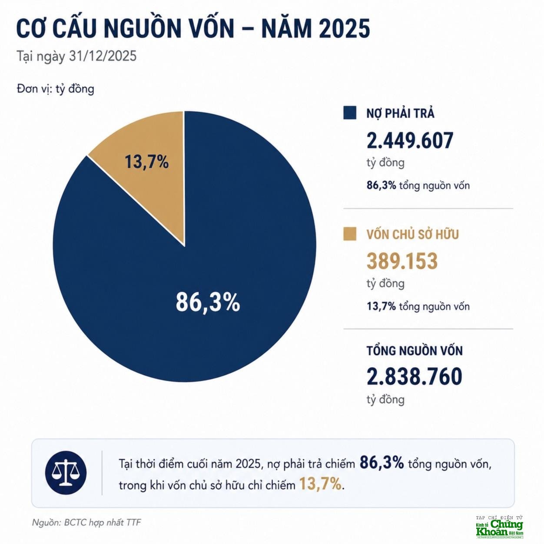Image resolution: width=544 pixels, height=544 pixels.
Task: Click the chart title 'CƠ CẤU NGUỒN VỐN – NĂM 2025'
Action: click(193, 28)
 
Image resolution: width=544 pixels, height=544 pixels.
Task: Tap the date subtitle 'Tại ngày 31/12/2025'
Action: click(76, 56)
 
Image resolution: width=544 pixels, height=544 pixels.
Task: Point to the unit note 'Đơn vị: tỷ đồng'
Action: click(55, 89)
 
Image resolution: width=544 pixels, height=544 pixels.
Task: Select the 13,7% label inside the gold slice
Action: click(146, 162)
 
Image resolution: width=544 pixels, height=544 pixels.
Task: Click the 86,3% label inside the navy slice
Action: click(208, 302)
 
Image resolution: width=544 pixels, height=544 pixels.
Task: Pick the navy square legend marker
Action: click(349, 113)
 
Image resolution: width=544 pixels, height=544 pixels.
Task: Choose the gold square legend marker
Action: click(349, 234)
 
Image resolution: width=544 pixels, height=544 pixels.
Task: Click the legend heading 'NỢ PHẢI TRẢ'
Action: click(400, 113)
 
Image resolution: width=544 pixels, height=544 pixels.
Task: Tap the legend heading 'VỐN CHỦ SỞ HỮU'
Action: click(413, 235)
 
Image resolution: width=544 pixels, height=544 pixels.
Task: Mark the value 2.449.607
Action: click(410, 140)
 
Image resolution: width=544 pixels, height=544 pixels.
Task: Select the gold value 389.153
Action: click(402, 261)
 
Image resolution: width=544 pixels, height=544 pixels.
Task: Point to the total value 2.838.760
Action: click(414, 376)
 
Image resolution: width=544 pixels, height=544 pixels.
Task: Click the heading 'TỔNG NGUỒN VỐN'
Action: click(415, 351)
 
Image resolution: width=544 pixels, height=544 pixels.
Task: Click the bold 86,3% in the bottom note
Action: click(382, 463)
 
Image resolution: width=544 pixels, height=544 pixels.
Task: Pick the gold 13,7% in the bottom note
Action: click(320, 484)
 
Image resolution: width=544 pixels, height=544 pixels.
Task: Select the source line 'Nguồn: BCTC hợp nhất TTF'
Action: click(86, 522)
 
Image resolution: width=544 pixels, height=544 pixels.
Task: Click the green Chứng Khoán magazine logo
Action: click(500, 528)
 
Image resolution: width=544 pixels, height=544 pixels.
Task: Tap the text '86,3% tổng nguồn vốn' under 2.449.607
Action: click(418, 186)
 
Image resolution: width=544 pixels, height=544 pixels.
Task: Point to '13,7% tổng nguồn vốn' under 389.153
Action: click(418, 306)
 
